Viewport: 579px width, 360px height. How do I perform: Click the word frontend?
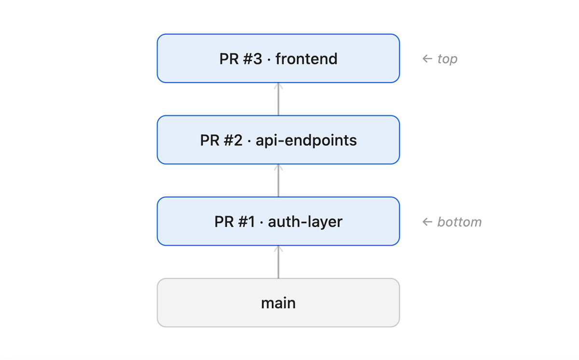click(x=306, y=59)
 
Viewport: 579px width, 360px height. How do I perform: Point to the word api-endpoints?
click(x=306, y=140)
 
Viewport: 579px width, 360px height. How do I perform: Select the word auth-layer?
click(x=305, y=222)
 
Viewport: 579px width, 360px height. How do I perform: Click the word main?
click(x=278, y=303)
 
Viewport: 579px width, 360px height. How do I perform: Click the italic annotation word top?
click(x=447, y=59)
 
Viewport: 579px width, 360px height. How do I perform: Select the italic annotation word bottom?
click(x=459, y=222)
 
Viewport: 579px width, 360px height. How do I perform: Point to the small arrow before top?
click(x=427, y=59)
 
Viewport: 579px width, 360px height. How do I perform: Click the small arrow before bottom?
click(x=427, y=222)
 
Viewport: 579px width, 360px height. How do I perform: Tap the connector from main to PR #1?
click(x=278, y=263)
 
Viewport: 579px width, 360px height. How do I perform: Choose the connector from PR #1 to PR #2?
click(x=278, y=181)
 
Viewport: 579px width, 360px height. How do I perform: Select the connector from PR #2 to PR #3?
click(x=278, y=100)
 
